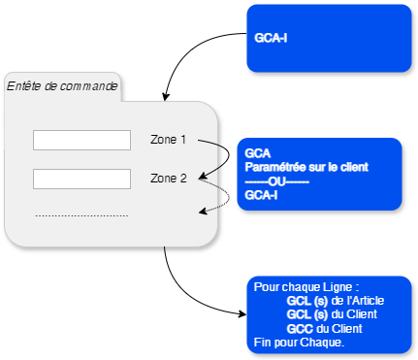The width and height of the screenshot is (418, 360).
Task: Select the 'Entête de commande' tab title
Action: pos(62,86)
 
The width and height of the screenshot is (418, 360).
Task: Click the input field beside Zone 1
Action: pos(81,141)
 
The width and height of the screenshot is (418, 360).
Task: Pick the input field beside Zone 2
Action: pos(81,180)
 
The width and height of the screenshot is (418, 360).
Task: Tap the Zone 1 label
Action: pos(168,140)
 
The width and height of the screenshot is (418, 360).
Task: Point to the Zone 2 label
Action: pos(168,179)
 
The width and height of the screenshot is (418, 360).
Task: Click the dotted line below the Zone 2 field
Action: pos(81,215)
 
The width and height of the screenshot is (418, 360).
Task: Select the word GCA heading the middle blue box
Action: pos(258,153)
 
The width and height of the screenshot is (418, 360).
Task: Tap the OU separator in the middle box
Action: pos(276,180)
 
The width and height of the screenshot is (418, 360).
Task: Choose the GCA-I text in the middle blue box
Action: pos(262,194)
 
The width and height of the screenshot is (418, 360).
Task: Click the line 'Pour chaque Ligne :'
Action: pos(300,288)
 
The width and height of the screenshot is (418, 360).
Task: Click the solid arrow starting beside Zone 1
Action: pos(215,146)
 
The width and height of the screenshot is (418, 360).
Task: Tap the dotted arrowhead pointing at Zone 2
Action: pos(203,180)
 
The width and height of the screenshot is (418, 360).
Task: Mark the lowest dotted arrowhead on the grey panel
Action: pos(203,210)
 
